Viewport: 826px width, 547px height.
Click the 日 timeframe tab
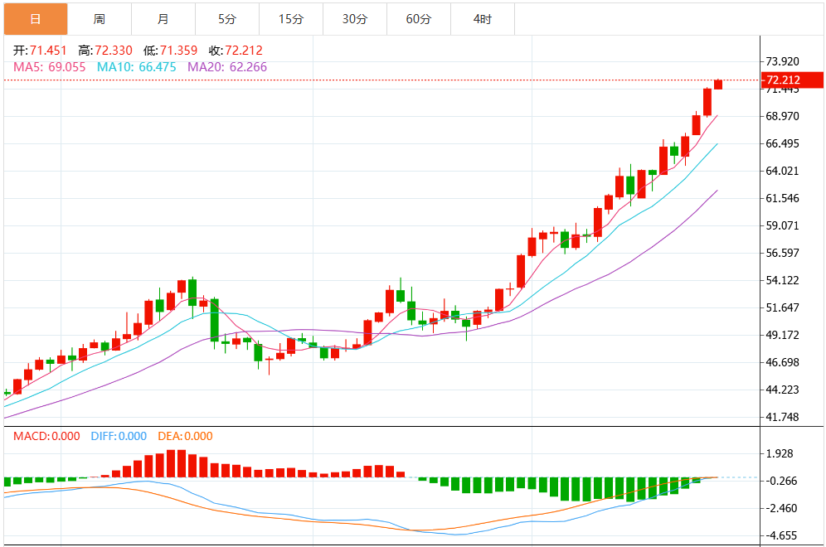click(x=35, y=18)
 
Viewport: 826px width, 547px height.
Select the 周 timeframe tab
click(x=99, y=18)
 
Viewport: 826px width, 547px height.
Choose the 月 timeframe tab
click(x=163, y=18)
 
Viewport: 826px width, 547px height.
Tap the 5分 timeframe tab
click(x=226, y=18)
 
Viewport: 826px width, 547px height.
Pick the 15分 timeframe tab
click(x=290, y=18)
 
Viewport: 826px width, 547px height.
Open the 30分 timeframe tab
click(x=354, y=18)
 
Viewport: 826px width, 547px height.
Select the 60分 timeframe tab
click(x=418, y=18)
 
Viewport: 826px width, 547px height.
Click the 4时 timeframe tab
click(x=482, y=18)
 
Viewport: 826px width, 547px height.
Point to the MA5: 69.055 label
click(x=49, y=67)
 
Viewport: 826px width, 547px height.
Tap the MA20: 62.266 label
click(x=227, y=67)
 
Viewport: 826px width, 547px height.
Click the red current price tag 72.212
click(x=791, y=80)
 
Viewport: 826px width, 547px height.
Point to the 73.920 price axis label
click(x=783, y=61)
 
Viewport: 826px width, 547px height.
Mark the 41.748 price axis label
click(x=783, y=417)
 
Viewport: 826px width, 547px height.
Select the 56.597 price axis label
click(x=783, y=253)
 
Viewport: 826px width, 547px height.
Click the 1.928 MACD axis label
click(x=780, y=453)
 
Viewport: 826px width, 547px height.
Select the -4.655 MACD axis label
click(x=780, y=535)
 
